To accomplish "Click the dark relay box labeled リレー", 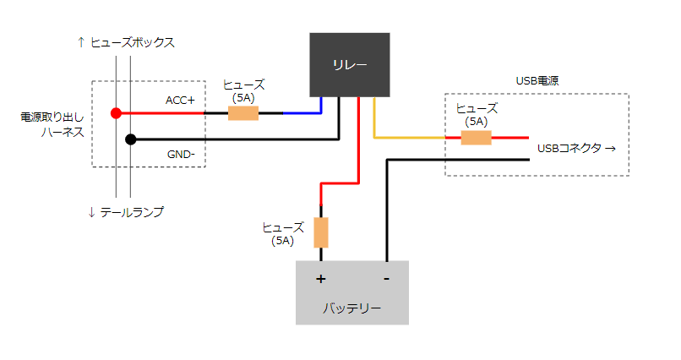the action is tap(350, 65).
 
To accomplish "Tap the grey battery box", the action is tap(352, 292).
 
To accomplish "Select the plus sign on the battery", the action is tap(320, 279).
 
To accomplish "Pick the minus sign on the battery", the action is tap(386, 279).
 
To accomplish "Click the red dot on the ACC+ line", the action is tap(116, 113).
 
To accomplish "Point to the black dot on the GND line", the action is tap(131, 139).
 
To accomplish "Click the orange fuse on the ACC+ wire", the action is tap(243, 113).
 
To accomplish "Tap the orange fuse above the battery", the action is tap(321, 232).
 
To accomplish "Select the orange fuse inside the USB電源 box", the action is tap(476, 138).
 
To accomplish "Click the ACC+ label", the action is tap(180, 101).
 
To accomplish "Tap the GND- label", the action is tap(181, 154).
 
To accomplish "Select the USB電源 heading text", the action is tap(537, 81).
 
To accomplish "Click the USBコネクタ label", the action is tap(569, 149).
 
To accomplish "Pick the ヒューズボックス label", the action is tap(133, 42).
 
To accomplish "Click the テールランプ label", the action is tap(132, 212).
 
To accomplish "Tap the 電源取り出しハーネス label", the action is tap(52, 124).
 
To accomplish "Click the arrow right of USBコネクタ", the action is tap(610, 149).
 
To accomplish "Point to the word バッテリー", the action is tap(351, 308).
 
